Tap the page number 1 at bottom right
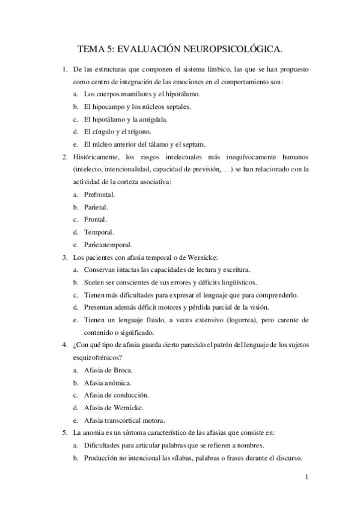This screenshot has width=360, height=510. (307, 478)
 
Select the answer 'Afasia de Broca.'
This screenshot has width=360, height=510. (109, 370)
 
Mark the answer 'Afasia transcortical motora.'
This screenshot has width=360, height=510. (124, 420)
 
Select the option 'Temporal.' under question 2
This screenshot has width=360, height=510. (99, 232)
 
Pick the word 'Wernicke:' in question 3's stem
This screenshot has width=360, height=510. (191, 257)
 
